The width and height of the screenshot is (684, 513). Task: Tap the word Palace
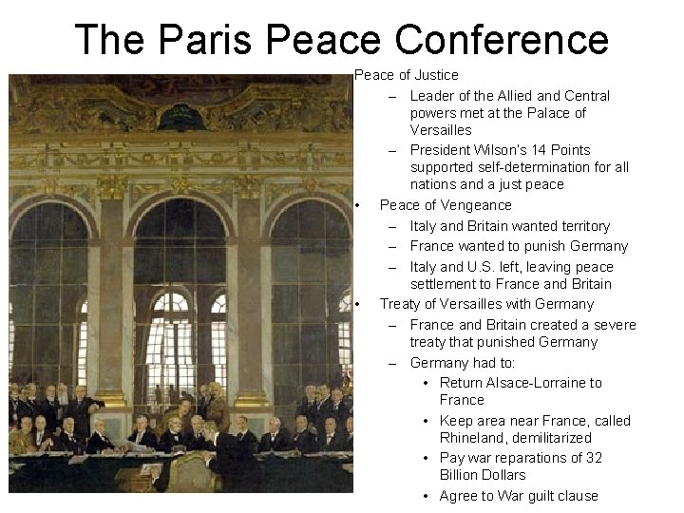pos(547,113)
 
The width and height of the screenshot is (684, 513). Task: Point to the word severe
pos(614,325)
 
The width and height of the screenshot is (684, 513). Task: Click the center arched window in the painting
pos(172,285)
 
